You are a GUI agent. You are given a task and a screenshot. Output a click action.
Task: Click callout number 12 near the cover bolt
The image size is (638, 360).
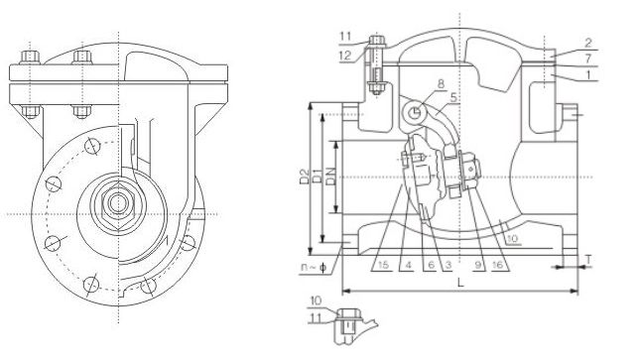(x=343, y=57)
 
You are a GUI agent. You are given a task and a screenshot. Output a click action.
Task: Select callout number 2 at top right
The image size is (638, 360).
(x=588, y=43)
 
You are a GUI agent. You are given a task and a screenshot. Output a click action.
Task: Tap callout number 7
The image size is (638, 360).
(x=588, y=60)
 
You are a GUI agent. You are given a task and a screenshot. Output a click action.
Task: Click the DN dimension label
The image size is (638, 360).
(x=331, y=179)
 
